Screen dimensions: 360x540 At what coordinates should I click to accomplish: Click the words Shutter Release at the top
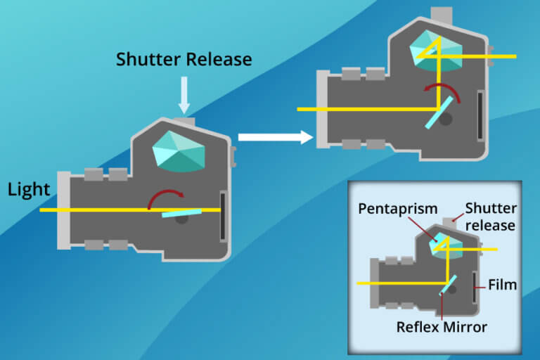coord(184,59)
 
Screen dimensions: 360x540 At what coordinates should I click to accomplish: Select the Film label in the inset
coord(503,285)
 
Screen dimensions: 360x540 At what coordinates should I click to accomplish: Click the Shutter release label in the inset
coord(491,217)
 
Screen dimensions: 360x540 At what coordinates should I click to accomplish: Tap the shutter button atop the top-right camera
coord(442,16)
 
